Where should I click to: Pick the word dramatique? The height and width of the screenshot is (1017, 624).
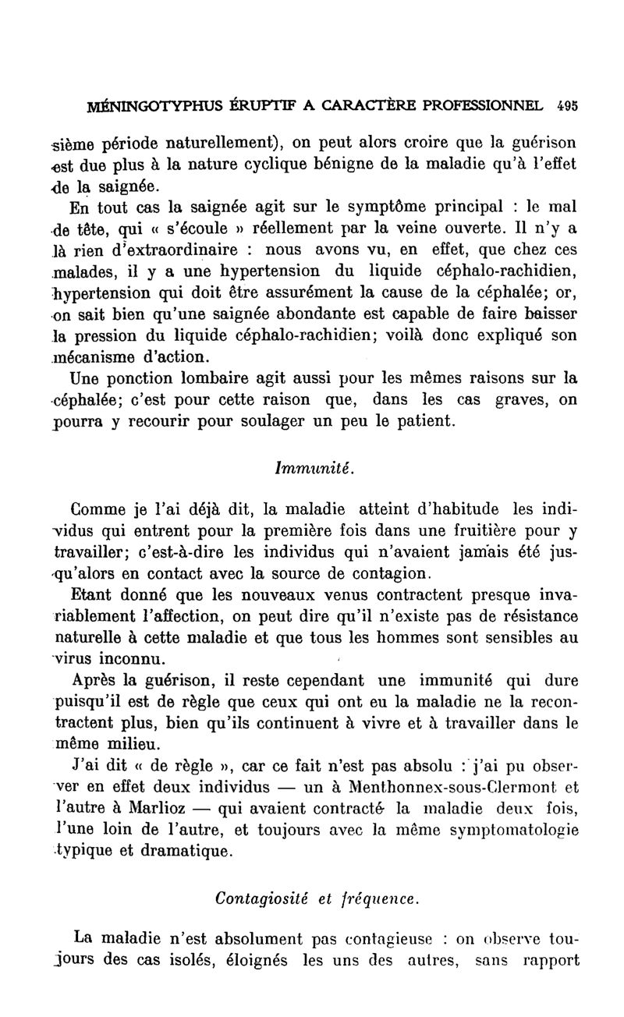click(181, 849)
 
